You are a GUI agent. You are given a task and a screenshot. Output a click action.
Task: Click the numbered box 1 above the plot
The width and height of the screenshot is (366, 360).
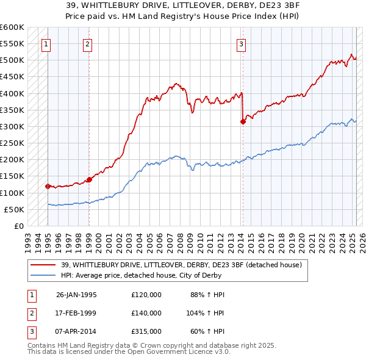47,43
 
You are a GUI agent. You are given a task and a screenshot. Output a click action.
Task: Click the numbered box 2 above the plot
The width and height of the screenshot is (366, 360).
88,43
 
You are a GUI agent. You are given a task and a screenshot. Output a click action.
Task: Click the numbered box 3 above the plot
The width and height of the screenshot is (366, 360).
242,43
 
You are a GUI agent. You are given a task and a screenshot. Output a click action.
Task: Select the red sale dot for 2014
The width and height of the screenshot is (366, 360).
243,121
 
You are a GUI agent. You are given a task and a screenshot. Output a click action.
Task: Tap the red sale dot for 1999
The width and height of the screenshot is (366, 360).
89,179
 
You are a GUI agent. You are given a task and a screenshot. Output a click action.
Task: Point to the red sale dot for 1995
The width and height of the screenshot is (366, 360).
48,186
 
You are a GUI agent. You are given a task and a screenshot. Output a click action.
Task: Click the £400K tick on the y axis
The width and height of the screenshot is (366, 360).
12,93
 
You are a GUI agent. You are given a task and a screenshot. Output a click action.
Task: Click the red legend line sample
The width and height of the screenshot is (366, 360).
43,265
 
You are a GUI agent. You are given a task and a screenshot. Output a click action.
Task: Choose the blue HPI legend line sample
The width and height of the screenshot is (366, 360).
43,275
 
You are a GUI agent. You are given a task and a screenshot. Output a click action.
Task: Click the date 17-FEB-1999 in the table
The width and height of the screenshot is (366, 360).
76,313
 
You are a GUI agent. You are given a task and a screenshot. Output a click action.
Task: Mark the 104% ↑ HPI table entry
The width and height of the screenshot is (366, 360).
206,313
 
